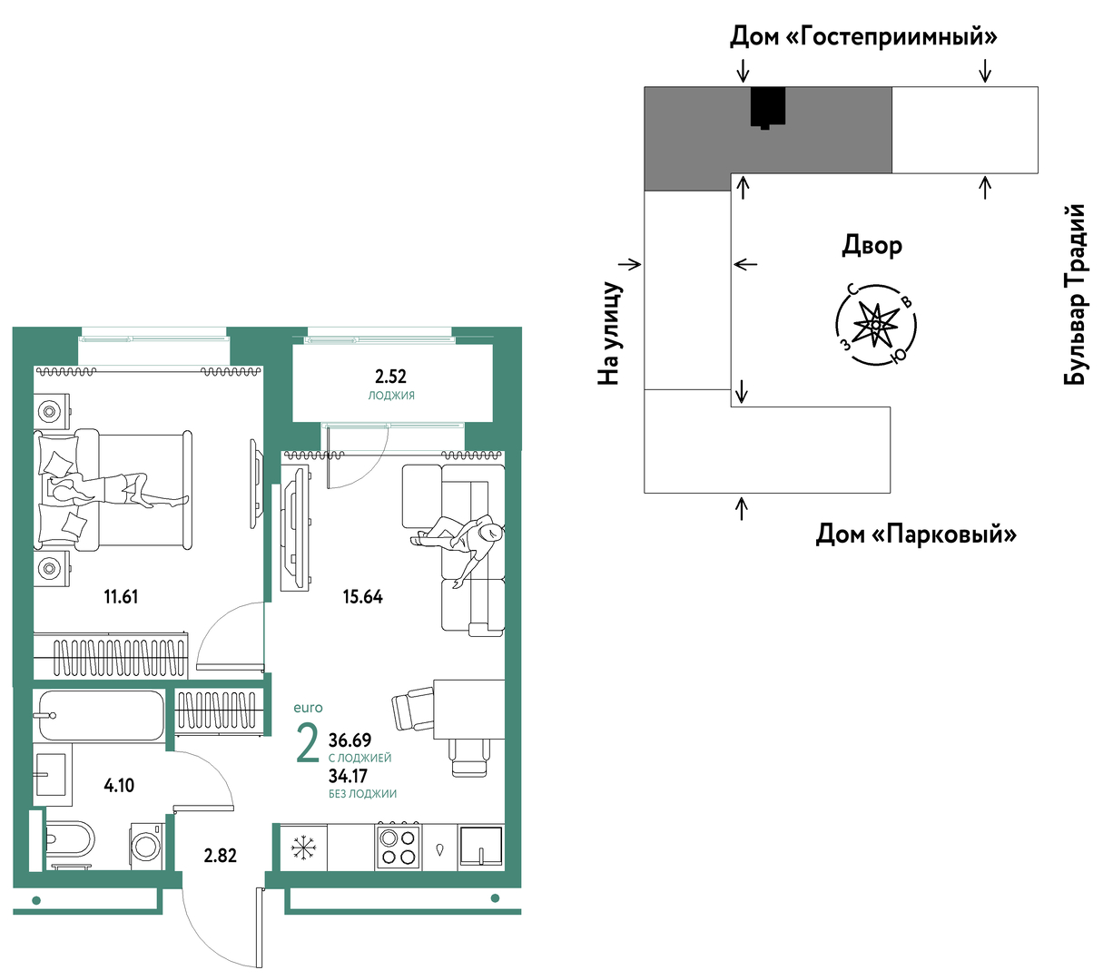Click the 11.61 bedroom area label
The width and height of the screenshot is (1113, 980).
point(121,596)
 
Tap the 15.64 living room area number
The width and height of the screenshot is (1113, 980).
point(362,596)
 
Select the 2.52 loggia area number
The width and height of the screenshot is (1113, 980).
point(390,377)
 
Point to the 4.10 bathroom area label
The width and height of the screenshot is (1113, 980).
point(119,786)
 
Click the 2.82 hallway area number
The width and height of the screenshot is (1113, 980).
point(221,856)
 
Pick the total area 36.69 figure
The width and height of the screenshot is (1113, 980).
point(350,740)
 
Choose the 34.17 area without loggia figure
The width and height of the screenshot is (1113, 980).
point(348,776)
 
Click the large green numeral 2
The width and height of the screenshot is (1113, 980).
point(308,743)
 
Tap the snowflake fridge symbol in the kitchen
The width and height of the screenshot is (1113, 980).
point(301,848)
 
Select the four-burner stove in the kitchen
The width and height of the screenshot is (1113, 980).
point(399,848)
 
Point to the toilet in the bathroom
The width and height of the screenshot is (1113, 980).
point(70,839)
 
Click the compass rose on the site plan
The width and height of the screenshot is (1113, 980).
point(876,325)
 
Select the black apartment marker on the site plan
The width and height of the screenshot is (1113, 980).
point(768,108)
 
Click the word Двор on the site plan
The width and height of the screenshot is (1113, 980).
point(872,246)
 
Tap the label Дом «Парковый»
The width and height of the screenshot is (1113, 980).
point(916,534)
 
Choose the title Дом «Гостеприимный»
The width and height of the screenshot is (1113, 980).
point(863,36)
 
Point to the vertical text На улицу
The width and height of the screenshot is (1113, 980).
point(610,334)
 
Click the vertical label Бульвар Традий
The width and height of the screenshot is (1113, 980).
point(1075,295)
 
